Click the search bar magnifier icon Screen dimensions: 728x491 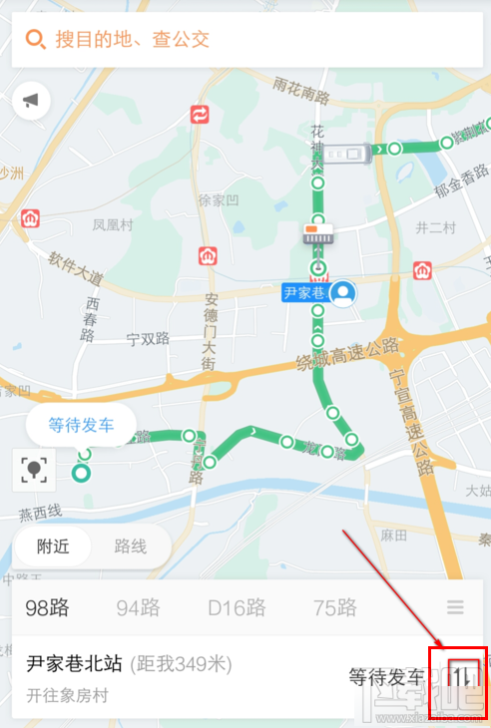(35, 40)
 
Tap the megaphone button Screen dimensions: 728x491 (32, 100)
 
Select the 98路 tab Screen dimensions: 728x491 (48, 607)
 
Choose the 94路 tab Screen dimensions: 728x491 (139, 607)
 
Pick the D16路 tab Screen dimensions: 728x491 (237, 607)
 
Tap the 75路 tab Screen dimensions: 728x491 (333, 607)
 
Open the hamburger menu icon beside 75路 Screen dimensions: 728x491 (456, 607)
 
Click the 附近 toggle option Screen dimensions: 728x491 (54, 546)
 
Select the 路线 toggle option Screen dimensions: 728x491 (130, 546)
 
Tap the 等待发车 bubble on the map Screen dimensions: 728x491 (81, 425)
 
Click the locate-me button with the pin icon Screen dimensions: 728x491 (35, 470)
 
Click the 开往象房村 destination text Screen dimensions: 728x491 (67, 696)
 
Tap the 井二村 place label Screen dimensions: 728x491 (436, 227)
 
